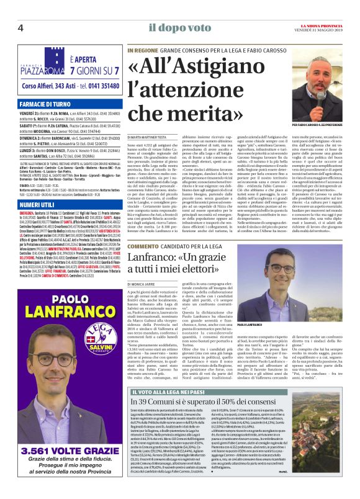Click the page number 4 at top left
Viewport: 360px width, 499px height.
pos(20,27)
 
